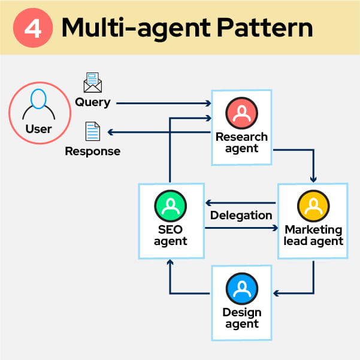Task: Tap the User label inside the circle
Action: (x=38, y=129)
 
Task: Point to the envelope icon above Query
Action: (x=92, y=83)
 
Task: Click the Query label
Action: (x=92, y=102)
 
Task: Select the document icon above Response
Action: (x=92, y=132)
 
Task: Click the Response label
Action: (x=92, y=151)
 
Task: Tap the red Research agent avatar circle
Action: (x=241, y=113)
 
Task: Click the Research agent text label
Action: (x=241, y=142)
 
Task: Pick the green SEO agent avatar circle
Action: (x=171, y=205)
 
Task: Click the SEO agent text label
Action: (x=171, y=235)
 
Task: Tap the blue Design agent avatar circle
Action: (x=241, y=289)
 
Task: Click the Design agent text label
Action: (x=241, y=318)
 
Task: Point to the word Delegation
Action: (x=241, y=215)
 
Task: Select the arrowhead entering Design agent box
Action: (x=277, y=293)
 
